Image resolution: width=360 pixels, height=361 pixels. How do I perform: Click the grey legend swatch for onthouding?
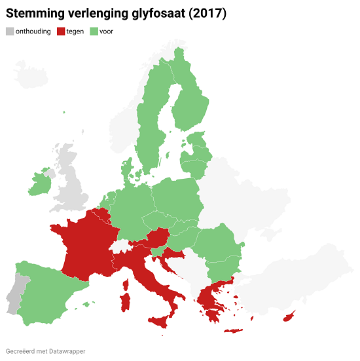point(9,31)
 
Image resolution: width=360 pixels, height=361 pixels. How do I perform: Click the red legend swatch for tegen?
point(62,31)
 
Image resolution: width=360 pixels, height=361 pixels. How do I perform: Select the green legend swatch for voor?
point(94,31)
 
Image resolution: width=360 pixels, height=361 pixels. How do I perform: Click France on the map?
point(85,249)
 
